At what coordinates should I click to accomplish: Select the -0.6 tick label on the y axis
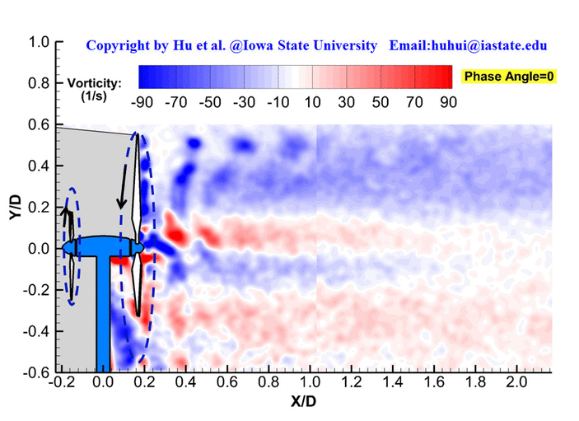click(x=35, y=372)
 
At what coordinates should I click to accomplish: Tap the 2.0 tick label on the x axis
click(x=516, y=384)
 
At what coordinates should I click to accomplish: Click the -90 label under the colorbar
click(x=144, y=103)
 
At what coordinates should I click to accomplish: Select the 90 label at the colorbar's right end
click(x=448, y=103)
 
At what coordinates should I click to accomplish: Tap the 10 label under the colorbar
click(x=313, y=103)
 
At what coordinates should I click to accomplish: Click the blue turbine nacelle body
click(x=103, y=246)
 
